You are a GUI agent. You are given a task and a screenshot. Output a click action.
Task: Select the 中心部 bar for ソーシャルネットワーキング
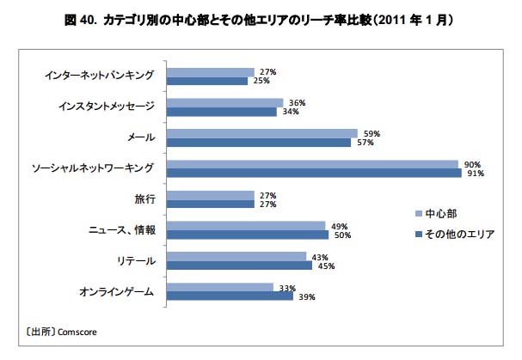(312, 164)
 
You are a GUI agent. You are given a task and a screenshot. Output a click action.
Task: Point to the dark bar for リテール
(239, 265)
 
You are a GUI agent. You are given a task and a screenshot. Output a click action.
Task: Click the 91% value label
(475, 174)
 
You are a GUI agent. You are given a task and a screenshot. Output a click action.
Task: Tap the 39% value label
(307, 297)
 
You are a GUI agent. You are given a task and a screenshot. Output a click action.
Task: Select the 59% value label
(372, 133)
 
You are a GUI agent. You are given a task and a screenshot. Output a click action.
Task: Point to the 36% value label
(298, 102)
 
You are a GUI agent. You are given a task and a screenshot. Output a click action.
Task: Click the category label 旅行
(144, 199)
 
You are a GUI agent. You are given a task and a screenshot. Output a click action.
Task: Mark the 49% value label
(339, 226)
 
